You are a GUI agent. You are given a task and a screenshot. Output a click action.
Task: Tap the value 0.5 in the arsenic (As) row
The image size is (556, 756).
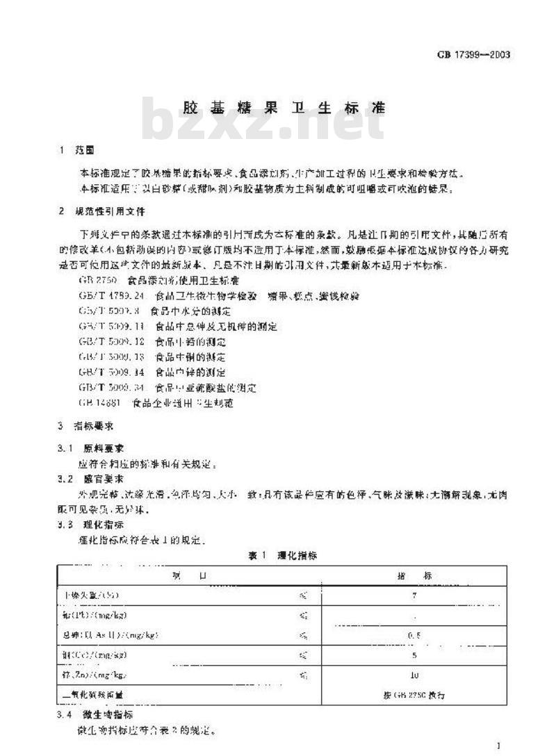click(414, 634)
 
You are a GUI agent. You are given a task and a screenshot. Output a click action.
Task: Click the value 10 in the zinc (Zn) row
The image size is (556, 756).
click(414, 675)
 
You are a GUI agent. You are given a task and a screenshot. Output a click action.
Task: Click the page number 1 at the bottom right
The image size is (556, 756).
click(498, 746)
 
